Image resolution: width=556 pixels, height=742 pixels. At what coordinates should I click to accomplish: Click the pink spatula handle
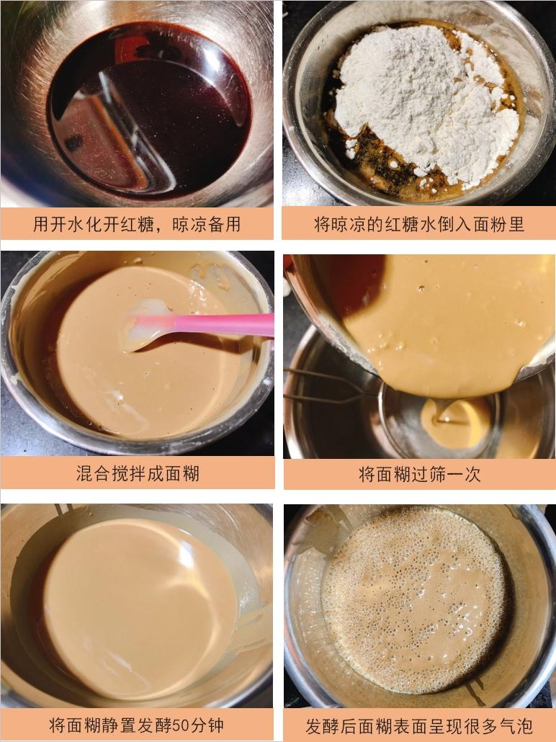[x=216, y=325]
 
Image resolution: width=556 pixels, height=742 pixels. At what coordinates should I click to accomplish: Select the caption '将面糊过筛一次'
[x=419, y=474]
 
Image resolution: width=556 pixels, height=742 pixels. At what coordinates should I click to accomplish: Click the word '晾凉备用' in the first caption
[x=206, y=224]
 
